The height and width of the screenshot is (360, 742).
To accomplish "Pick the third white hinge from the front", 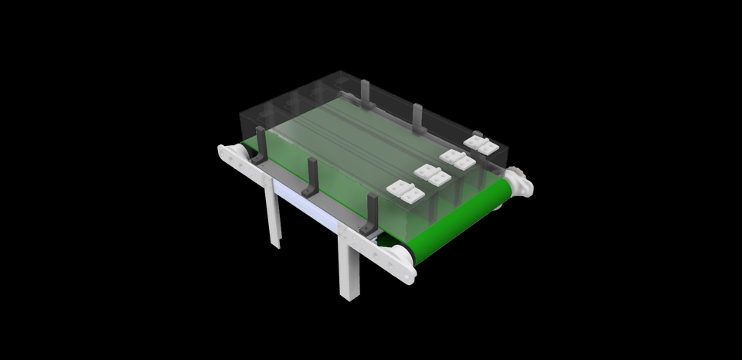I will tap(457, 159).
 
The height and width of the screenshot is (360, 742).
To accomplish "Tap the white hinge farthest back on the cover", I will tap(481, 144).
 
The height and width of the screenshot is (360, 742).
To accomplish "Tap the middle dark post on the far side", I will tap(417, 117).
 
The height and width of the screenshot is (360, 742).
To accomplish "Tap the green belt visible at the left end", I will tap(248, 146).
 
